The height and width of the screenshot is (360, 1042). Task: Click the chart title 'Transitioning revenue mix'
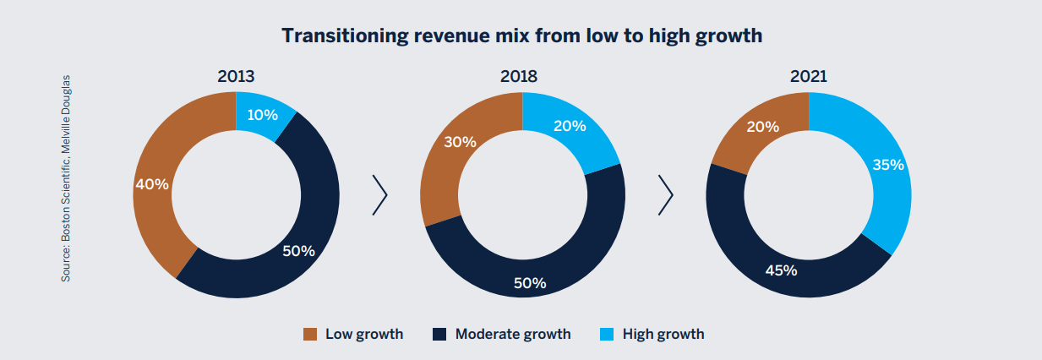[521, 35]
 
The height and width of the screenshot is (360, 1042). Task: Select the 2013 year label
[236, 76]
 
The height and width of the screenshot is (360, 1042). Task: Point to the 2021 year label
[808, 76]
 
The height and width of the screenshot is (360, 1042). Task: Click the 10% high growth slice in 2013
[263, 114]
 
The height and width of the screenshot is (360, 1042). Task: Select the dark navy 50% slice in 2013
[296, 249]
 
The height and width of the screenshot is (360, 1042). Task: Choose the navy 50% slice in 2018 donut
[530, 282]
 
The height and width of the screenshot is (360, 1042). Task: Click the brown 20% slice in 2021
[760, 127]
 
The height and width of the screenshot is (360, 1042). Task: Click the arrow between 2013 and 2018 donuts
[379, 195]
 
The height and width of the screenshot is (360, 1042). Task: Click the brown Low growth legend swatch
[309, 335]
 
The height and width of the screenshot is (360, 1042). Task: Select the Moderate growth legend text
[512, 334]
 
